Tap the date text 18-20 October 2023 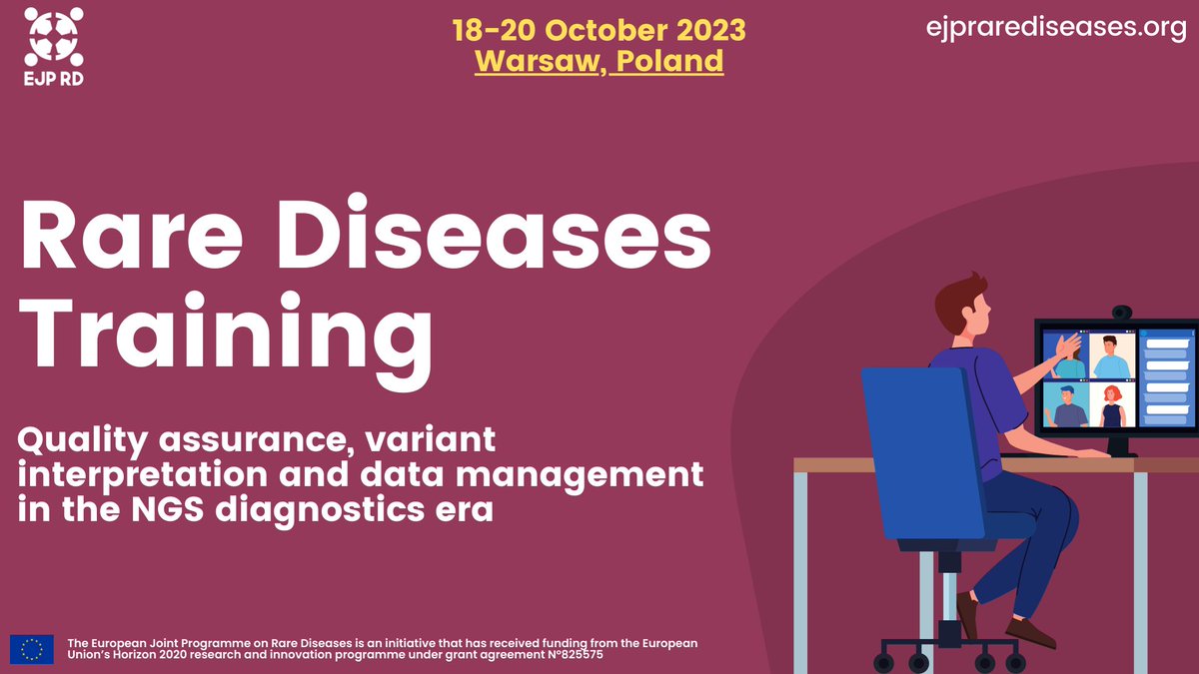coord(599,29)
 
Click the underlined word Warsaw coord(539,61)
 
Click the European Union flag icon coord(32,649)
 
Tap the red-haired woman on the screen coord(1112,404)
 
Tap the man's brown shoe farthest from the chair coord(1029,632)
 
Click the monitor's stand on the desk coord(1117,445)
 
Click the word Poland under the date coord(668,61)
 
